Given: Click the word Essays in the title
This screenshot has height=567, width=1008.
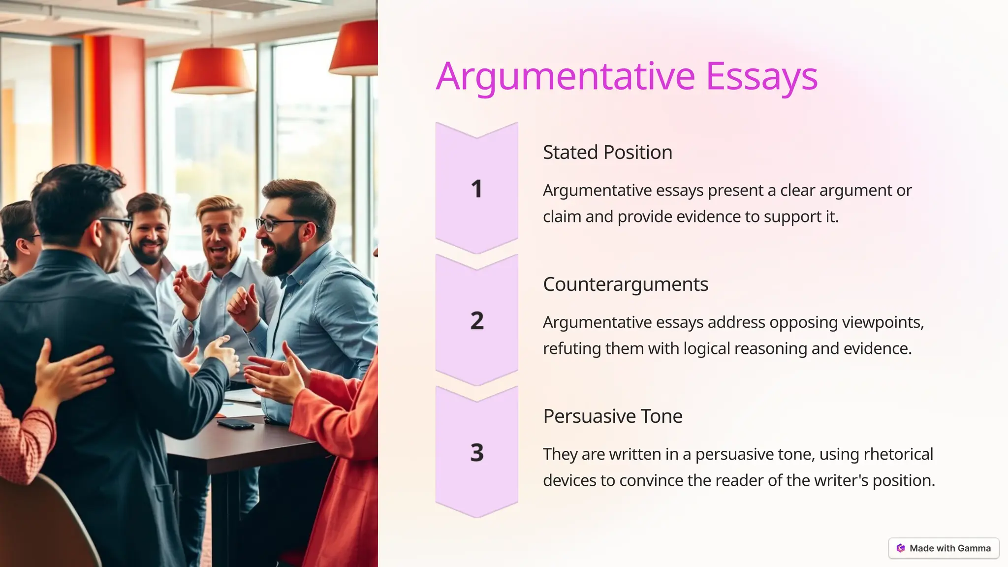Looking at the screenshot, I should [761, 77].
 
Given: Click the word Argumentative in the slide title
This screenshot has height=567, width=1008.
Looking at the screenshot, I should [565, 77].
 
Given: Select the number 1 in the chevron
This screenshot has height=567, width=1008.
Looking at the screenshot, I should [476, 189].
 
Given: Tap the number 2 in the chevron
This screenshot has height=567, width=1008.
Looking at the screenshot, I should [476, 321].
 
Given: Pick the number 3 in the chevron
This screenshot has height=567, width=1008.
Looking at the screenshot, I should [476, 452].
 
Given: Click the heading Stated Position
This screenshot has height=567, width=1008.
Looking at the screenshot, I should [607, 153].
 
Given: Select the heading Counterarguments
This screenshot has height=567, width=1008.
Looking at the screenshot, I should [625, 284].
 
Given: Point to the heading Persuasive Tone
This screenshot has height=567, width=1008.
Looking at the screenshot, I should [612, 416].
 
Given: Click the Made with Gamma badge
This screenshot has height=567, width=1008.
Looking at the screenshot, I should [944, 548].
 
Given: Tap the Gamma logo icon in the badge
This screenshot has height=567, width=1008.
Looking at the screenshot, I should [901, 548].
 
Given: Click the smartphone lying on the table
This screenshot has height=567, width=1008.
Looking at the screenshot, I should [235, 423].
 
